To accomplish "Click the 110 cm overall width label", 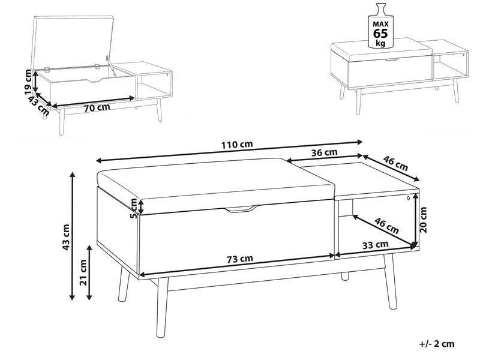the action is (237, 144).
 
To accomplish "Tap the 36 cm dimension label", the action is (324, 152).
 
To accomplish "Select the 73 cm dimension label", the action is (240, 259).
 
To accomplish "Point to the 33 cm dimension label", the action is (376, 245).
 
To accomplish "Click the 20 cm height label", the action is (423, 220).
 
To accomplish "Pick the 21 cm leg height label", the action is (83, 272).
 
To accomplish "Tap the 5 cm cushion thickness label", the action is (134, 208).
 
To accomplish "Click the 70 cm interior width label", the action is (97, 108).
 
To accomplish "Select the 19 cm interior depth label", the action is (28, 82).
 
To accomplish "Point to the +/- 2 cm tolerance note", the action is (437, 343).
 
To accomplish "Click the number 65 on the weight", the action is (380, 34).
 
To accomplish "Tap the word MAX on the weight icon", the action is (380, 24).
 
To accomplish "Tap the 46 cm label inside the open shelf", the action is (387, 226).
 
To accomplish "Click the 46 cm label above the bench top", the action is (396, 163).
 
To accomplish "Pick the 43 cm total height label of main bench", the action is (67, 237).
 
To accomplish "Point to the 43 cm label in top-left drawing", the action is (38, 105).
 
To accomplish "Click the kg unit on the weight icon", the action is (380, 43).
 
